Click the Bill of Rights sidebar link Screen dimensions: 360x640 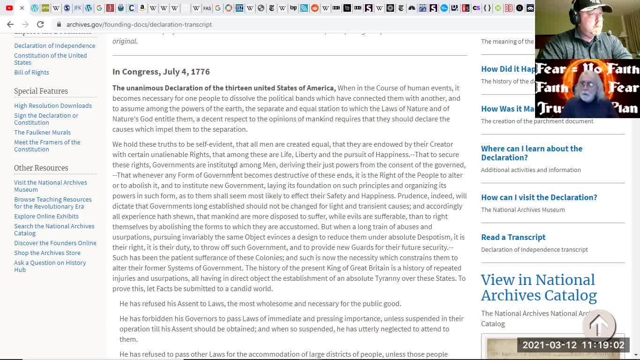click(31, 72)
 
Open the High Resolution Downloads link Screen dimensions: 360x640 click(53, 105)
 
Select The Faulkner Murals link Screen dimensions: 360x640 click(42, 132)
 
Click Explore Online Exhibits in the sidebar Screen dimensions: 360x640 click(46, 216)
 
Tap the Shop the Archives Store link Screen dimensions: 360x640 click(47, 253)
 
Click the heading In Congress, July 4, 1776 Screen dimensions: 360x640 click(161, 71)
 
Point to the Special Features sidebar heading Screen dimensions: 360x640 click(41, 91)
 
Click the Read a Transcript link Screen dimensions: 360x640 click(513, 237)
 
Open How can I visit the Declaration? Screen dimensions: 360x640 click(539, 197)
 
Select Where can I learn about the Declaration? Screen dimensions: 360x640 click(531, 153)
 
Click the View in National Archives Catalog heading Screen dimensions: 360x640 click(539, 287)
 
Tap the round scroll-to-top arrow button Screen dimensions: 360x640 click(599, 325)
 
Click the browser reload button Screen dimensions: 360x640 click(40, 24)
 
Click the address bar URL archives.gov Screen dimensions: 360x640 click(139, 24)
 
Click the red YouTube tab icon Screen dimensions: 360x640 click(9, 8)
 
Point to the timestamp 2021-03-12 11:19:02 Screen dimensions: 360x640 click(573, 345)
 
